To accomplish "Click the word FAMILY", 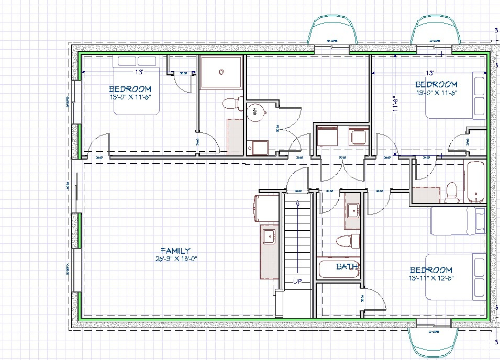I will coord(175,251).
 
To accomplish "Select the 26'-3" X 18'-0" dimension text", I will coord(175,258).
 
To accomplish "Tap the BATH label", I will coord(347,267).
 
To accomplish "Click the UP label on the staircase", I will coord(298,282).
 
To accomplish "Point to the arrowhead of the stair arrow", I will coord(298,203).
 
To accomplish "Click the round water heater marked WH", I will coord(255,111).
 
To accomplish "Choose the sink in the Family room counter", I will coord(269,235).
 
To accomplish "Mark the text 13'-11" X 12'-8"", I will coord(431,278).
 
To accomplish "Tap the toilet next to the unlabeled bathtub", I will coord(451,192).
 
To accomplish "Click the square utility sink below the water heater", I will coord(256,147).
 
